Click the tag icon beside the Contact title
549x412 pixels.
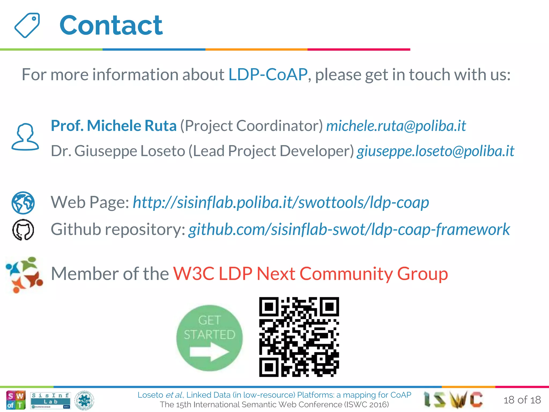pyautogui.click(x=27, y=25)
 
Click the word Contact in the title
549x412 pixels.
pyautogui.click(x=111, y=25)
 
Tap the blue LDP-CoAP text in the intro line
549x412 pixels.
pyautogui.click(x=268, y=74)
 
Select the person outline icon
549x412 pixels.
pyautogui.click(x=25, y=137)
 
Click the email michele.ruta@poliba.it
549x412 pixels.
pyautogui.click(x=396, y=126)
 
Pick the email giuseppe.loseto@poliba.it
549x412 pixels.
pyautogui.click(x=435, y=151)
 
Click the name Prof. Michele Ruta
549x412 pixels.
pyautogui.click(x=114, y=126)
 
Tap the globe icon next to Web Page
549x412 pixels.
pyautogui.click(x=23, y=203)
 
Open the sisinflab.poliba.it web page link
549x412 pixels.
pyautogui.click(x=281, y=202)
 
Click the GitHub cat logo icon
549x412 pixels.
pyautogui.click(x=23, y=230)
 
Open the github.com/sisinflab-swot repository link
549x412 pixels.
pyautogui.click(x=349, y=230)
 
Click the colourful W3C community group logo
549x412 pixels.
pyautogui.click(x=24, y=275)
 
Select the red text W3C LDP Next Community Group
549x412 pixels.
pyautogui.click(x=310, y=274)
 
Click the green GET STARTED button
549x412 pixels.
pyautogui.click(x=209, y=338)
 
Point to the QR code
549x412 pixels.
pyautogui.click(x=299, y=337)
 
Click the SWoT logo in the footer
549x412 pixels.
pyautogui.click(x=16, y=400)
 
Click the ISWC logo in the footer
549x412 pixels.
pyautogui.click(x=453, y=399)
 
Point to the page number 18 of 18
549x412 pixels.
pyautogui.click(x=522, y=400)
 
